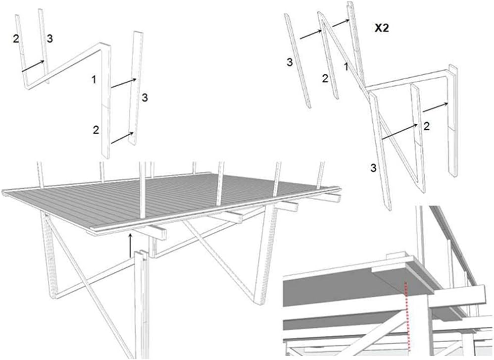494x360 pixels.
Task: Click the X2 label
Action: [382, 28]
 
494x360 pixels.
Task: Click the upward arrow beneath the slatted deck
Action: [131, 245]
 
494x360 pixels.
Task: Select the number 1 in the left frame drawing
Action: [94, 79]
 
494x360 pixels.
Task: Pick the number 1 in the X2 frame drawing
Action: [346, 67]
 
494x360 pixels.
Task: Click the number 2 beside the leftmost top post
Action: [16, 39]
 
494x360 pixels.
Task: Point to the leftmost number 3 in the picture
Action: [50, 39]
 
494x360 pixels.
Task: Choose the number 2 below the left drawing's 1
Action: [96, 130]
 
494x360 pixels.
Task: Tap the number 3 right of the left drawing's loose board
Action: [145, 98]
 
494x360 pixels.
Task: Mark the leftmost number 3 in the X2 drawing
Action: [290, 62]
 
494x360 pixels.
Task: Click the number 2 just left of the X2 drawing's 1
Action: [325, 79]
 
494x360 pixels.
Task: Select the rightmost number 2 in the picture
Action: [427, 126]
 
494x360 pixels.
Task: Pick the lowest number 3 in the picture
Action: [373, 168]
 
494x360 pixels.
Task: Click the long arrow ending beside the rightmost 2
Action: [400, 131]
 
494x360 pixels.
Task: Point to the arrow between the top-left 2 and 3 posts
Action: [33, 66]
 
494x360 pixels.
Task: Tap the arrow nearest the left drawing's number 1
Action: [124, 83]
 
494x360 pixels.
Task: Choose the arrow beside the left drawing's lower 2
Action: [122, 138]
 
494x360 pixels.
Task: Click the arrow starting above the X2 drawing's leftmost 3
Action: [311, 34]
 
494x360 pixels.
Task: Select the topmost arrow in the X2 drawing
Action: [341, 23]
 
